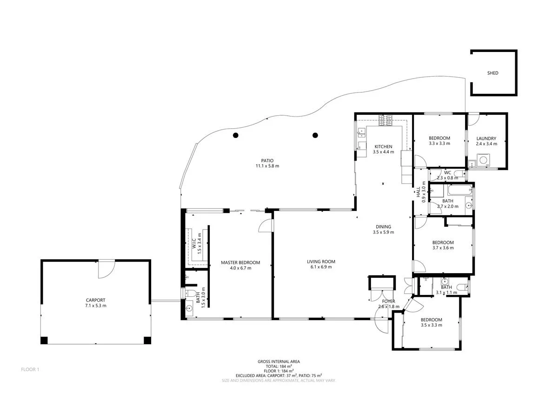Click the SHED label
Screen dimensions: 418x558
coord(492,73)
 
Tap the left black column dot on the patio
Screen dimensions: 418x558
coord(236,135)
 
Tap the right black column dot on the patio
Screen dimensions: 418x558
coord(315,135)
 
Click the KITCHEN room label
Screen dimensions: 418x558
coord(384,147)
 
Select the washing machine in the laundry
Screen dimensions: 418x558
coord(484,160)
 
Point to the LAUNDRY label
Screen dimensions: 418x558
coord(486,138)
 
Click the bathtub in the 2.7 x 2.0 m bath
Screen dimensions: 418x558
coord(458,190)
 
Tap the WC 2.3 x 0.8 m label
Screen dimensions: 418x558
coord(447,173)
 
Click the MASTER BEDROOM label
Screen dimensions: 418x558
coord(240,263)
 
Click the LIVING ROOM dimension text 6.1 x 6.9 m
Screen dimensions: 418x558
coord(321,267)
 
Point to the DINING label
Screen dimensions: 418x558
coord(384,227)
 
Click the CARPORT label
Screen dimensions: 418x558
coord(95,300)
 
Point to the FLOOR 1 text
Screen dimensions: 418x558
coord(30,370)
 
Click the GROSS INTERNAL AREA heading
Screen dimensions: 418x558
coord(279,361)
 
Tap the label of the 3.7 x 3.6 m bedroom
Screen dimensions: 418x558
coord(443,242)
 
